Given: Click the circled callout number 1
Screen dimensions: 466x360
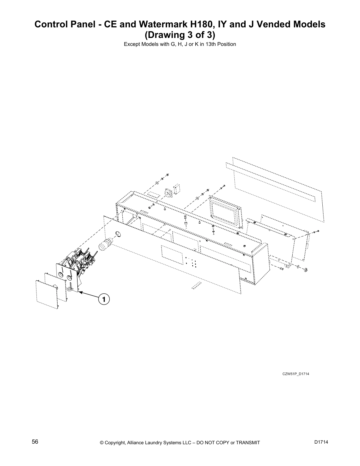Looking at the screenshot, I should [x=104, y=299].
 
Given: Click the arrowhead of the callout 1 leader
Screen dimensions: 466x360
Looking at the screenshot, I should [x=80, y=292].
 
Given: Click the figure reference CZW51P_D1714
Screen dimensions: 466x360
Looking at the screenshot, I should [x=296, y=374].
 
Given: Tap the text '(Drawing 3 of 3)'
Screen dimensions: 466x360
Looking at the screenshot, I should [x=180, y=35].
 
